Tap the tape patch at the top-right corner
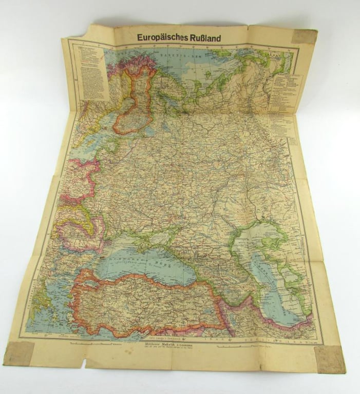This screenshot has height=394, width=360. click(305, 36)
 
